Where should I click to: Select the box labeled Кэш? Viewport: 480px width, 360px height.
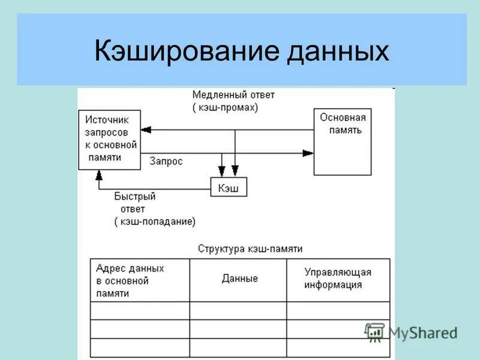click(x=228, y=188)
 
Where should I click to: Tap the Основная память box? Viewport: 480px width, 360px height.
click(x=342, y=142)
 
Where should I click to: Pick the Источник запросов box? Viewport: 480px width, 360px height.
click(x=110, y=139)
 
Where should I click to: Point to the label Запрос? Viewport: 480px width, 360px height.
click(x=166, y=161)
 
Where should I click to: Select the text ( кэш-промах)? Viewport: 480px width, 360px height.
click(x=225, y=107)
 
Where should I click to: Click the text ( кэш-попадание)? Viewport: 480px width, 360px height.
click(x=155, y=221)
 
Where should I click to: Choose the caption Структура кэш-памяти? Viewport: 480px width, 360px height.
click(x=250, y=248)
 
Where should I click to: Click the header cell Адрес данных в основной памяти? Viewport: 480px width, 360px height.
click(x=139, y=280)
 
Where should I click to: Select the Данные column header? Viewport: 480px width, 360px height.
click(x=239, y=278)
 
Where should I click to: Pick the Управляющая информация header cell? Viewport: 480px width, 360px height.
click(x=338, y=279)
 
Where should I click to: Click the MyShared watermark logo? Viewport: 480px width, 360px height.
click(x=412, y=332)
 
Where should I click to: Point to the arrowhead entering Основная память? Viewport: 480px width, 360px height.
click(x=308, y=153)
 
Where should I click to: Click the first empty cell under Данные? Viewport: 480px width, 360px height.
click(x=238, y=310)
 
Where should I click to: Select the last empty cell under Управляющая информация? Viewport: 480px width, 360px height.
click(x=338, y=347)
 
